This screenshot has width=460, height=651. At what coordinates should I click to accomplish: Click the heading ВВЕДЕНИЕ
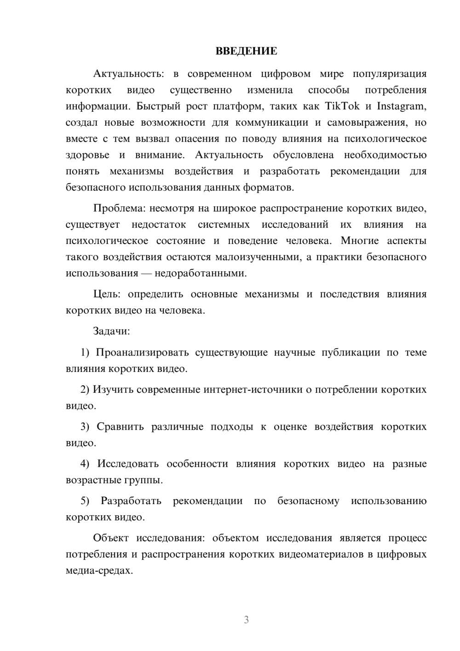point(246,51)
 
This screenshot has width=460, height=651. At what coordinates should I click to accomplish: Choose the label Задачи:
point(111,331)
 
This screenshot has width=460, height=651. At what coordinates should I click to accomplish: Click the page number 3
point(246,620)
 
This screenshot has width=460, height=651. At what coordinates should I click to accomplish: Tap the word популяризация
point(390,74)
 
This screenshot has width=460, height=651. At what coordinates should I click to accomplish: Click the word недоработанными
point(201,273)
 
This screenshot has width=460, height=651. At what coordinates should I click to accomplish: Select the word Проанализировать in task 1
point(142,353)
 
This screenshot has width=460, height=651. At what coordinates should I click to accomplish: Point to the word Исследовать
point(128,464)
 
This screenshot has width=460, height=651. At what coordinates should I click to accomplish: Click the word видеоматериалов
point(321,554)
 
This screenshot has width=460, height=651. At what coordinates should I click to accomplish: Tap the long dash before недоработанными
point(146,273)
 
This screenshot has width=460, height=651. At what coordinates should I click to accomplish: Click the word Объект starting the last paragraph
point(111,538)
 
